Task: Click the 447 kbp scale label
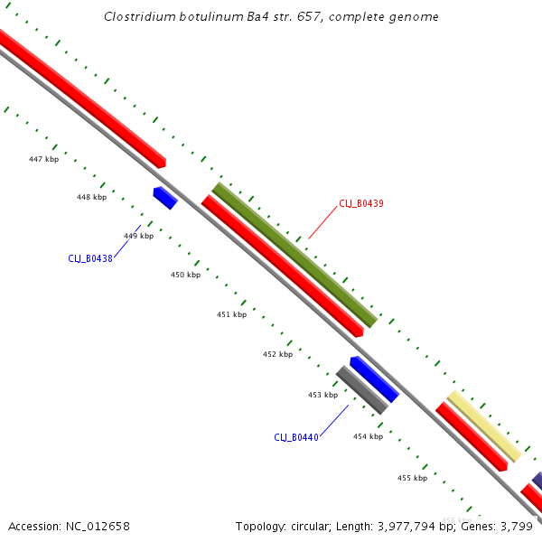[x=43, y=159]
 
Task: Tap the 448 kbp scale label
[x=91, y=197]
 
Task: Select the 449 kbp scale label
[x=138, y=236]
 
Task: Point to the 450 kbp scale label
[x=185, y=275]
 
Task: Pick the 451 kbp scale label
[x=231, y=314]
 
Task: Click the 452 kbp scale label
[x=277, y=354]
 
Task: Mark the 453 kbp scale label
[x=322, y=395]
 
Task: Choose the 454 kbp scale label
[x=368, y=436]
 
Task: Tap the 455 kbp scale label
[x=412, y=478]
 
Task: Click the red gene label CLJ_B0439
[x=361, y=203]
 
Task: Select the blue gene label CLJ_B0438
[x=90, y=258]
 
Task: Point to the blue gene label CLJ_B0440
[x=296, y=437]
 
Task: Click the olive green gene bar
[x=294, y=255]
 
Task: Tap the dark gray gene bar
[x=361, y=390]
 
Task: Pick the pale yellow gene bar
[x=484, y=426]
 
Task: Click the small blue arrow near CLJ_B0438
[x=164, y=198]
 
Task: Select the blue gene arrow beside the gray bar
[x=374, y=378]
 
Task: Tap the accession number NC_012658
[x=98, y=526]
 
